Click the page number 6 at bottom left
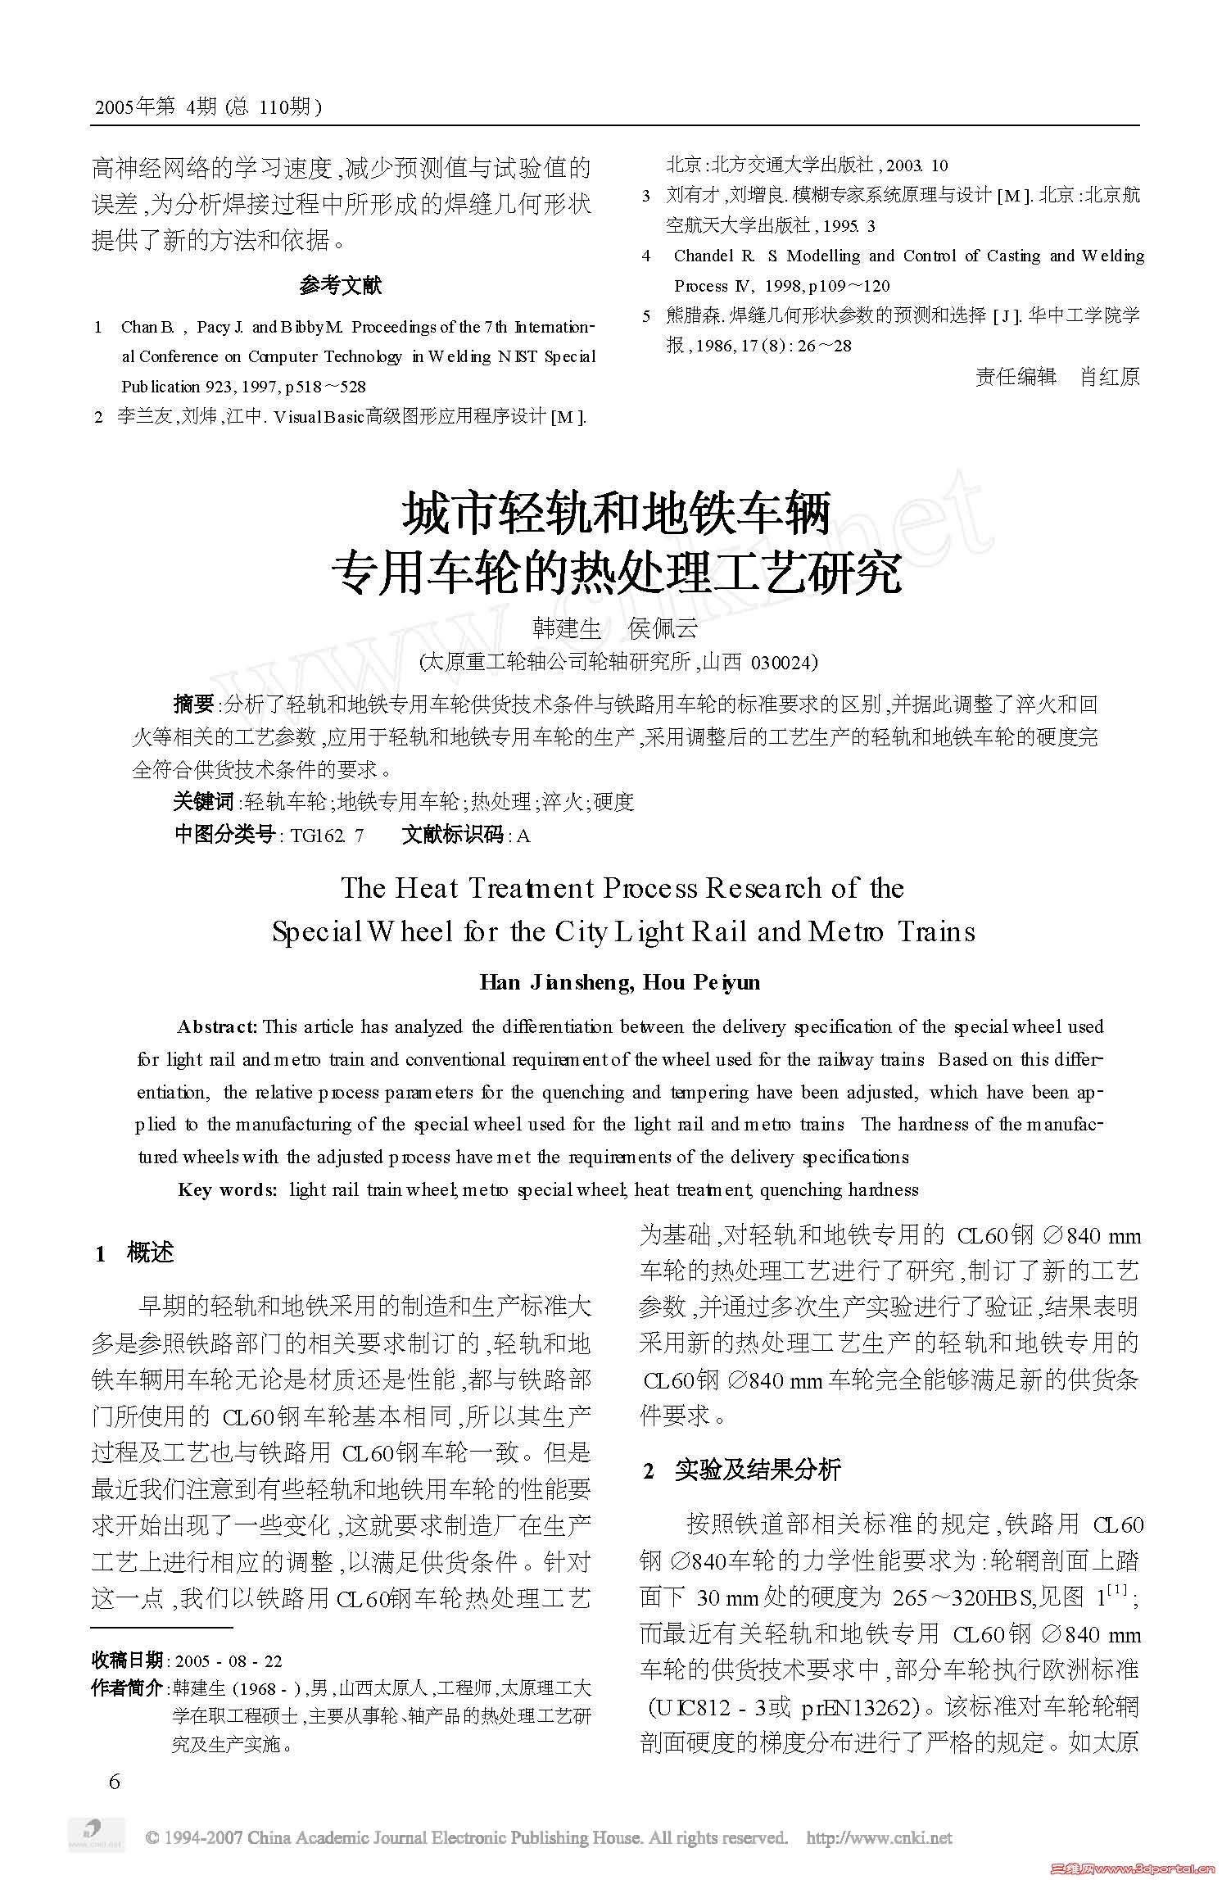pyautogui.click(x=114, y=1781)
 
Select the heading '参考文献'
pyautogui.click(x=340, y=285)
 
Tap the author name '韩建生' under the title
pyautogui.click(x=567, y=628)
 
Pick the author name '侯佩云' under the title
pyautogui.click(x=663, y=628)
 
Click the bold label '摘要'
pyautogui.click(x=193, y=704)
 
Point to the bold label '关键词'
pyautogui.click(x=203, y=801)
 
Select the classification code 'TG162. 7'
pyautogui.click(x=328, y=836)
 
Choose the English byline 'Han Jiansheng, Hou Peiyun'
pyautogui.click(x=620, y=982)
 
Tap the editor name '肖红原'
pyautogui.click(x=1110, y=376)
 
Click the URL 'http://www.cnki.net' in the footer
pyautogui.click(x=880, y=1837)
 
